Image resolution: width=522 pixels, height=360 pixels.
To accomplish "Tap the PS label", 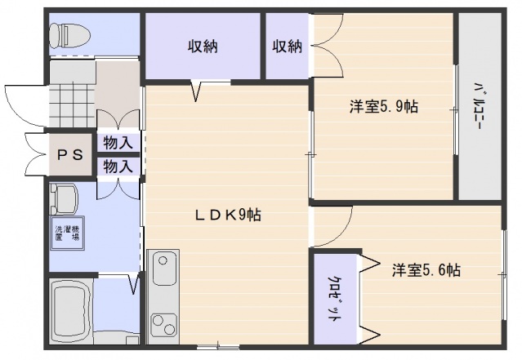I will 69,155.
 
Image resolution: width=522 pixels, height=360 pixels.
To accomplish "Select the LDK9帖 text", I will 227,216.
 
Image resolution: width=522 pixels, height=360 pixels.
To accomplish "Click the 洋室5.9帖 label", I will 384,106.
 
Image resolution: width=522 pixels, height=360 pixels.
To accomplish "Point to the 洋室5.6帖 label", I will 425,269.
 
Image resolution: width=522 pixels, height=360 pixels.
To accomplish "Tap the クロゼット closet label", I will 335,298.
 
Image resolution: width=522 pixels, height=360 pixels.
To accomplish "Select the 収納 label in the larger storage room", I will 203,47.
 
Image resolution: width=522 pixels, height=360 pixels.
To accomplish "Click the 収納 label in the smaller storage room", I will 287,47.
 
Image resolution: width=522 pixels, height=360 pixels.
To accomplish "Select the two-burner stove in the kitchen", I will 164,314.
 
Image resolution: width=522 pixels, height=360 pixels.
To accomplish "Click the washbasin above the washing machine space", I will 64,198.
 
